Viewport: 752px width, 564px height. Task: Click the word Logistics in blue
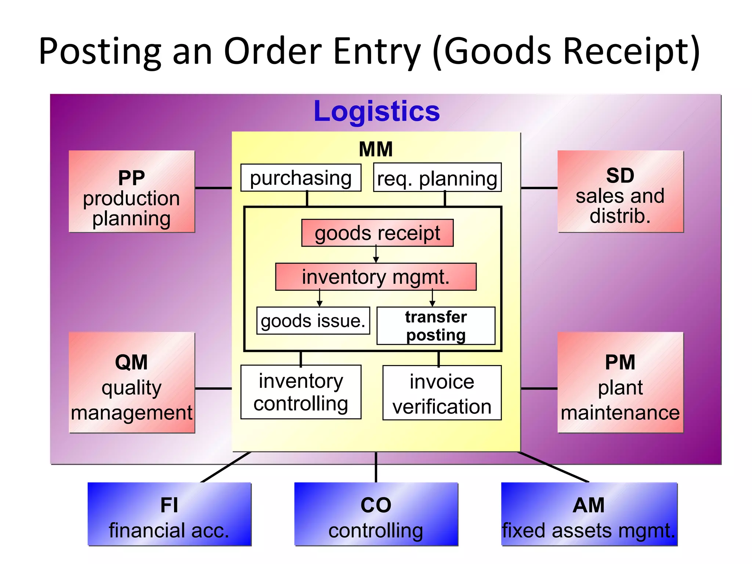pos(377,111)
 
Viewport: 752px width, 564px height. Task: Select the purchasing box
pos(301,178)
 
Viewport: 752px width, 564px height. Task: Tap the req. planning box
pos(437,178)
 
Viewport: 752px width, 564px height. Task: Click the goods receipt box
pos(377,233)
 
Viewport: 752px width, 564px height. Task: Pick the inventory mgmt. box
pos(376,277)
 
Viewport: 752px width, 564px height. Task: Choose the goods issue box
pos(313,321)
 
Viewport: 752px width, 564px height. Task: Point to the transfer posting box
pos(436,326)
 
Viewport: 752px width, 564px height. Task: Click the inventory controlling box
pos(301,392)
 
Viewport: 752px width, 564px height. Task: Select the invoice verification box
pos(442,393)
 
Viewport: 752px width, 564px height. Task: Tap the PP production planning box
pos(131,192)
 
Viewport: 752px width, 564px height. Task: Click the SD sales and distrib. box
pos(620,192)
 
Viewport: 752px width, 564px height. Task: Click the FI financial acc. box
pos(169,514)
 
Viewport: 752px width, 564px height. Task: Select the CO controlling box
pos(376,514)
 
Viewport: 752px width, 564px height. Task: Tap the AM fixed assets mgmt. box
pos(589,514)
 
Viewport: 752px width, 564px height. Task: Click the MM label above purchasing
pos(376,149)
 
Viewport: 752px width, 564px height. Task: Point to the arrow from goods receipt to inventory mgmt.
pos(376,255)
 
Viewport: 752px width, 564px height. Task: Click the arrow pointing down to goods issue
pos(319,298)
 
